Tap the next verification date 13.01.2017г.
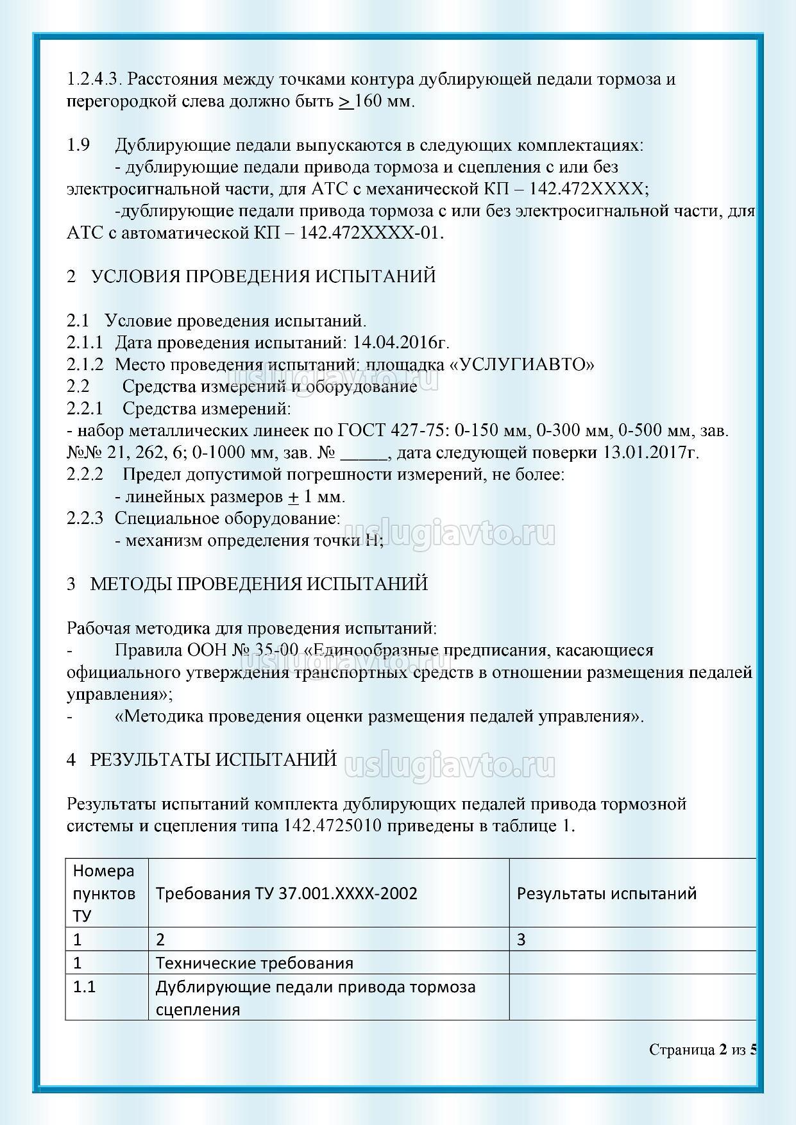651,452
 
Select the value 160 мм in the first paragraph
384,101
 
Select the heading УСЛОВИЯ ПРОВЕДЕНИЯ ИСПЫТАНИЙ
263,276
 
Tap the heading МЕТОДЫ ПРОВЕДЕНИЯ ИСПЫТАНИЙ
258,584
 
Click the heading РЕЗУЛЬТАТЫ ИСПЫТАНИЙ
213,759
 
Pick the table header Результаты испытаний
606,893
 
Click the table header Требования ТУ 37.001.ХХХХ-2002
286,893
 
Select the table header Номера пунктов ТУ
105,893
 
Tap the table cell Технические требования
255,963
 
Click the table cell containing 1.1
84,986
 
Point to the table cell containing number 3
521,940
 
